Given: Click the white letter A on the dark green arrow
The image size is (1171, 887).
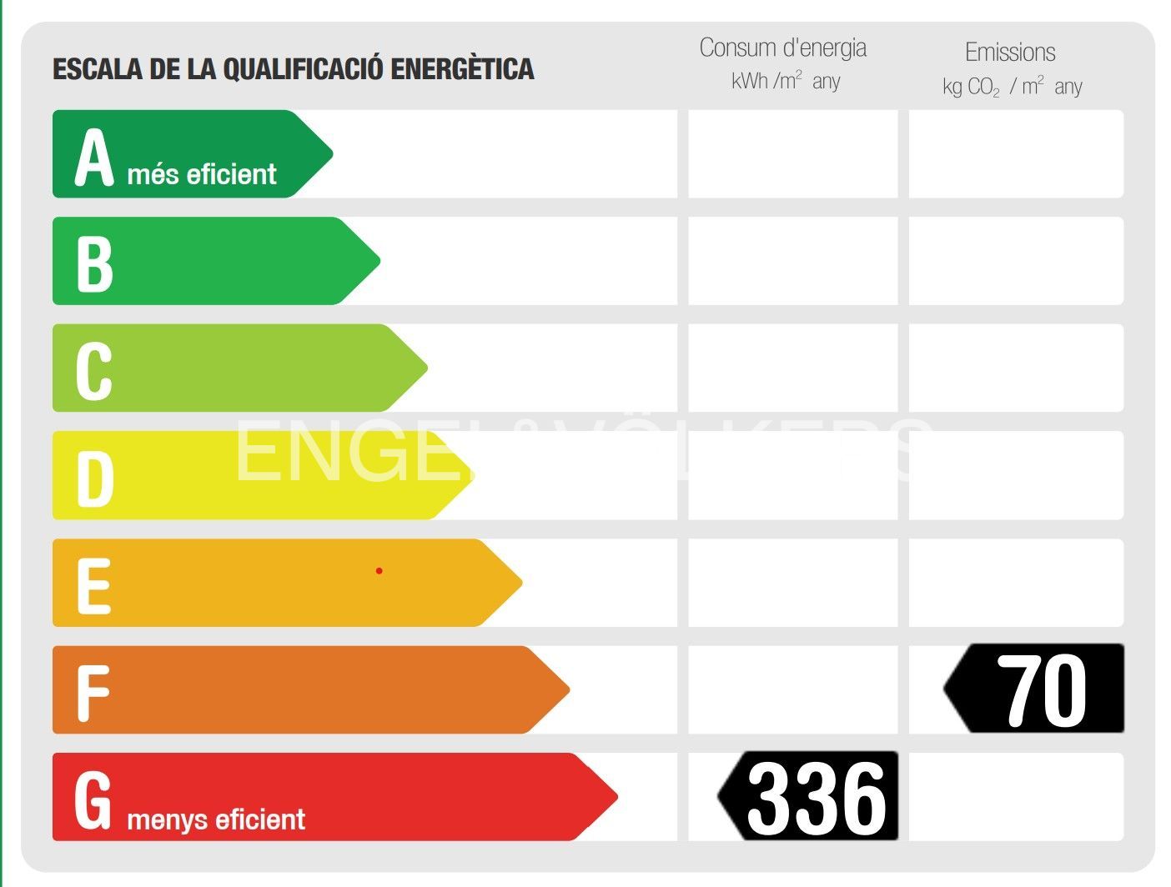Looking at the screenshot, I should pyautogui.click(x=93, y=158).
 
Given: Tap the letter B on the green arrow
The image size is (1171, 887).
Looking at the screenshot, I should pyautogui.click(x=94, y=264).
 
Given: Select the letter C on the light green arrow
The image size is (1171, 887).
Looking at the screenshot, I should pyautogui.click(x=93, y=371).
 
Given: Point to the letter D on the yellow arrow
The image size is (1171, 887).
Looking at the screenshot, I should pyautogui.click(x=94, y=479).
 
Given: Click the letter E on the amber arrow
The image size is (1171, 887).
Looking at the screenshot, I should pyautogui.click(x=93, y=586).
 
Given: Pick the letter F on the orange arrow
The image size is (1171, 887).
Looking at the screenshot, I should pyautogui.click(x=93, y=693).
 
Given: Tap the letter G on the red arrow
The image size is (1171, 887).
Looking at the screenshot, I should pyautogui.click(x=93, y=800).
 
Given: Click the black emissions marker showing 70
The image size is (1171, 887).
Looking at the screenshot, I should pyautogui.click(x=1037, y=689).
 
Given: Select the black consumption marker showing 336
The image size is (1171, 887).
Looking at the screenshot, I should pyautogui.click(x=811, y=797).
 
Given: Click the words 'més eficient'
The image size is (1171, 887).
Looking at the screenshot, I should pyautogui.click(x=202, y=174).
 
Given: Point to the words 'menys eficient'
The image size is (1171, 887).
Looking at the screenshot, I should pyautogui.click(x=216, y=819).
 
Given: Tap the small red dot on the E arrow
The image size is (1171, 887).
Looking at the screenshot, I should pyautogui.click(x=379, y=571).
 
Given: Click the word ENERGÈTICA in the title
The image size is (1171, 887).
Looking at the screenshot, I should pyautogui.click(x=462, y=69).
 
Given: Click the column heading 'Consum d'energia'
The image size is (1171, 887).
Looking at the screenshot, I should pyautogui.click(x=782, y=48).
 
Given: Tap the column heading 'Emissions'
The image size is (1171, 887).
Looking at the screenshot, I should pyautogui.click(x=1010, y=53).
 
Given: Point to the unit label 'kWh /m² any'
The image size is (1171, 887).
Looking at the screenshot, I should pyautogui.click(x=785, y=82).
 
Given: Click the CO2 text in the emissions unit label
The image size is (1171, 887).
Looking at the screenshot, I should pyautogui.click(x=983, y=88).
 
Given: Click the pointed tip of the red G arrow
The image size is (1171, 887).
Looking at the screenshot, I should pyautogui.click(x=616, y=797).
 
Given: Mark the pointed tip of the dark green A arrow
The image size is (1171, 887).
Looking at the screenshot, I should pyautogui.click(x=331, y=154).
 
